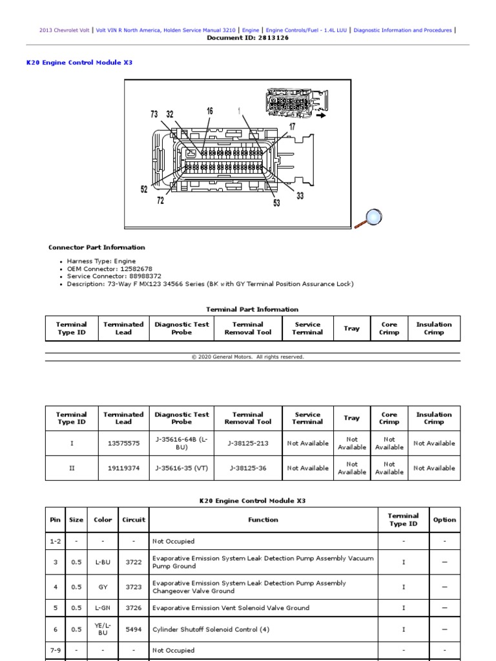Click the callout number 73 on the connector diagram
154,114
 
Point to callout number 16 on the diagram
210,111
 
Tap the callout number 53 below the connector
276,203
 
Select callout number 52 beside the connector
144,190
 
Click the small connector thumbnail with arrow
294,105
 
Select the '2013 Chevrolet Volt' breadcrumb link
64,30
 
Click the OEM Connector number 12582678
131,269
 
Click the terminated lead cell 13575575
123,443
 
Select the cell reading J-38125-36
247,468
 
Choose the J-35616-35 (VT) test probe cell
181,468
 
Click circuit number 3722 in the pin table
134,562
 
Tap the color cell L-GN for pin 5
103,608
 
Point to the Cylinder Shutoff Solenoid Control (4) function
211,629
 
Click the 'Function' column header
263,520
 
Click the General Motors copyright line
247,357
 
